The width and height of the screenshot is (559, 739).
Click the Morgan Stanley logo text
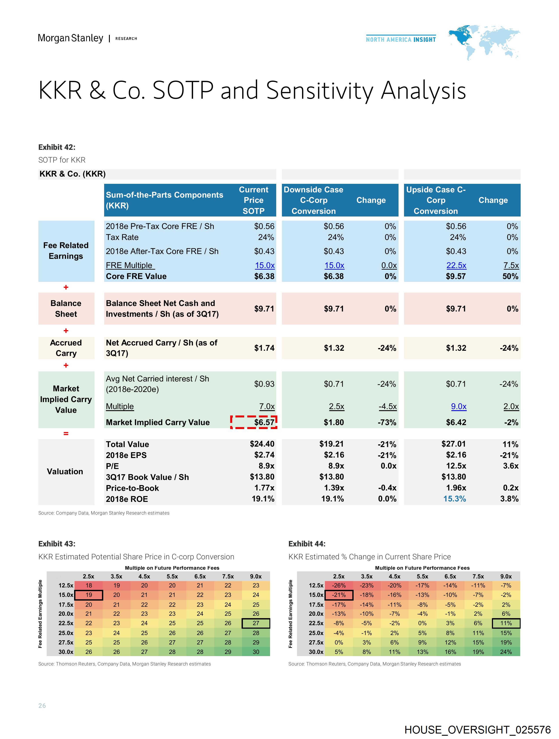pos(70,38)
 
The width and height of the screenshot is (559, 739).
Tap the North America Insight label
pos(401,39)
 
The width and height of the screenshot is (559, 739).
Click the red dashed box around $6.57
pos(254,422)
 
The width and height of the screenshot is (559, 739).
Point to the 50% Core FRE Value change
pos(510,276)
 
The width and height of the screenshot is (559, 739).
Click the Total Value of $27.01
pos(454,444)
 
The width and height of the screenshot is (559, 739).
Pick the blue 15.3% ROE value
pos(454,499)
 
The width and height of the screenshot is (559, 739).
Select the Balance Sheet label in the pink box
pos(66,308)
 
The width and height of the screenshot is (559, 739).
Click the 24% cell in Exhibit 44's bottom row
pos(506,652)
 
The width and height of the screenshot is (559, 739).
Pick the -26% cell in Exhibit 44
pos(339,585)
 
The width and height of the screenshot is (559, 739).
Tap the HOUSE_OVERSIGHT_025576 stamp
pos(477,730)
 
